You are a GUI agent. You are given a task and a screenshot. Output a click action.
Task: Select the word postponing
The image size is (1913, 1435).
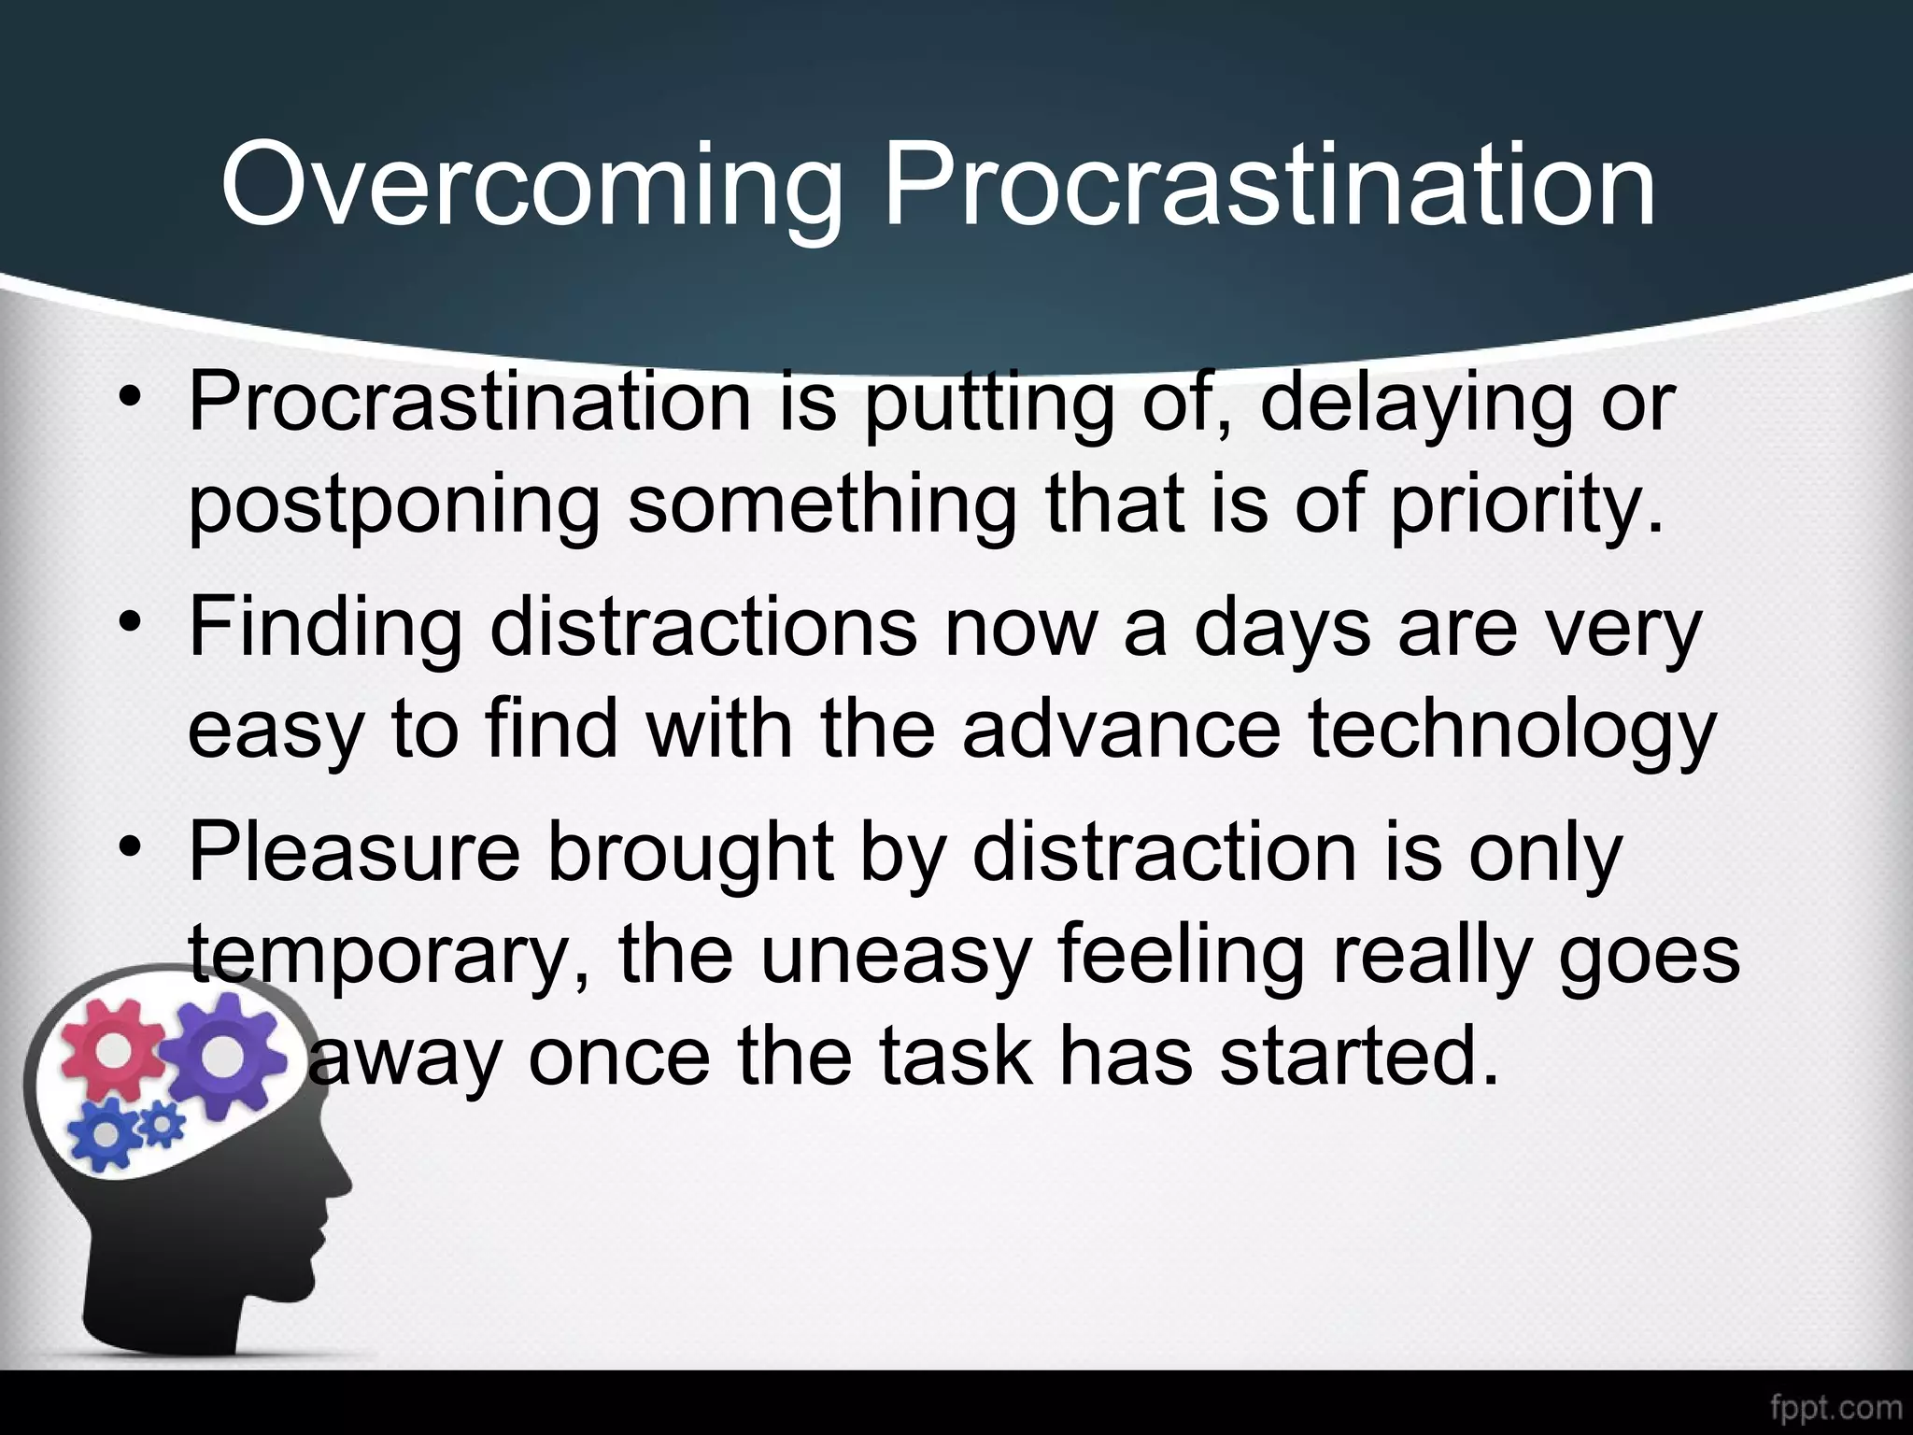[393, 509]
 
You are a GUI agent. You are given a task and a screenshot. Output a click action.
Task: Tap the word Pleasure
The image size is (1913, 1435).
[354, 852]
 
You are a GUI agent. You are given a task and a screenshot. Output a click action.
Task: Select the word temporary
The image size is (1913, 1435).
[389, 958]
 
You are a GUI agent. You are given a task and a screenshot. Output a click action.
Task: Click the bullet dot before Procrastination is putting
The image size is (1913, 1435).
[130, 399]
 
